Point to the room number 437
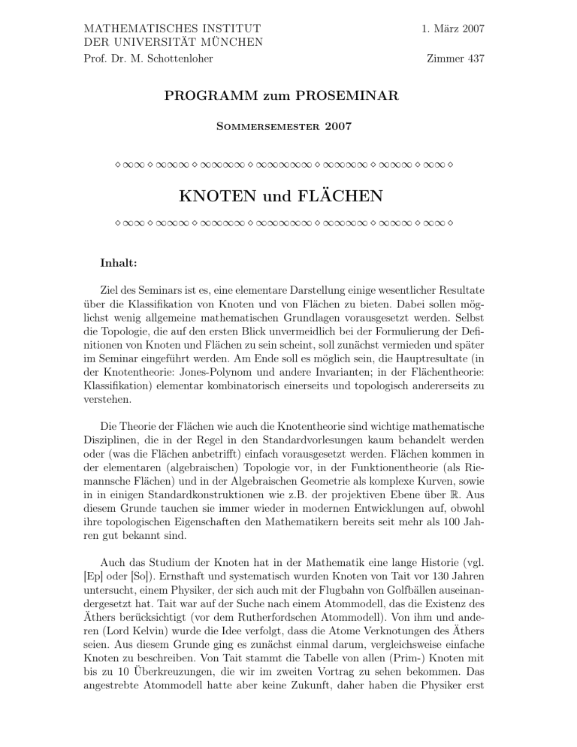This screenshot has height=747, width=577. (473, 59)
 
